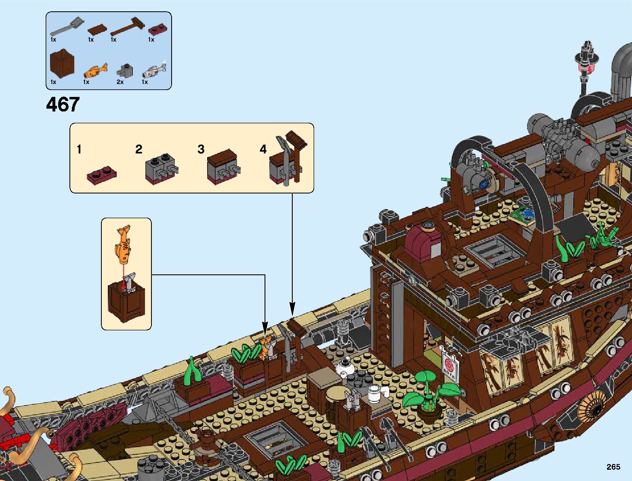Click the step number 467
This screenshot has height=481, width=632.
[x=63, y=105]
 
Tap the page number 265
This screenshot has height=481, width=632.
[x=613, y=467]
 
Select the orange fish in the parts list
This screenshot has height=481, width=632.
[x=96, y=71]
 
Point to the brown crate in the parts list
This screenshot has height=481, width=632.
[x=62, y=63]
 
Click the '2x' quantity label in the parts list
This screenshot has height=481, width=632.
[x=120, y=82]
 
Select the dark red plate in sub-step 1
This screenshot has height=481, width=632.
[x=102, y=175]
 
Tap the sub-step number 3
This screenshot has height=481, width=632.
[x=201, y=149]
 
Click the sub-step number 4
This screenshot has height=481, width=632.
[x=263, y=149]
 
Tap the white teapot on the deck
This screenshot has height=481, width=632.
[x=346, y=368]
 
